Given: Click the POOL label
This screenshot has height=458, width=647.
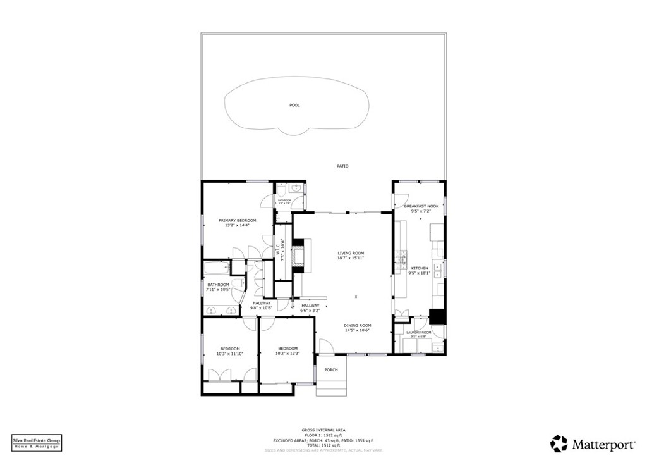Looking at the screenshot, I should (294, 105).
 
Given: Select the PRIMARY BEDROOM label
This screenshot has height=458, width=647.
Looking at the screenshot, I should (238, 220).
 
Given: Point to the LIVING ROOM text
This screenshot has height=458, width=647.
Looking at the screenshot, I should (351, 253).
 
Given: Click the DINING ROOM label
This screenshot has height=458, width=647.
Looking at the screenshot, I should (358, 325).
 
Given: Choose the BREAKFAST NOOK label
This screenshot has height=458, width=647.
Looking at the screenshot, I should (421, 206).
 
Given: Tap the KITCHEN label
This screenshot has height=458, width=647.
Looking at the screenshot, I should (420, 268).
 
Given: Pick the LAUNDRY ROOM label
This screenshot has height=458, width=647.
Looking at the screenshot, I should (418, 333).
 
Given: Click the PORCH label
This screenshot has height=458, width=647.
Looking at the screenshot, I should (331, 370).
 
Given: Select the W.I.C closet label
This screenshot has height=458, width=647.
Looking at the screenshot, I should (278, 250).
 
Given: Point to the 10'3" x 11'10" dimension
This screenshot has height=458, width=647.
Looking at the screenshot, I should (230, 354).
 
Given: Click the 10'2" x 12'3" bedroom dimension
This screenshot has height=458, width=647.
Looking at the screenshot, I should (287, 354).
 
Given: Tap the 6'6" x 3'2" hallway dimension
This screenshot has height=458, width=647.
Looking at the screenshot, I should (310, 311).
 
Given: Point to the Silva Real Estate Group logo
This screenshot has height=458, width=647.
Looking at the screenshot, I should (37, 442).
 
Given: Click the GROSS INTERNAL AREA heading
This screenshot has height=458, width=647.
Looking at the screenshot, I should (323, 430).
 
